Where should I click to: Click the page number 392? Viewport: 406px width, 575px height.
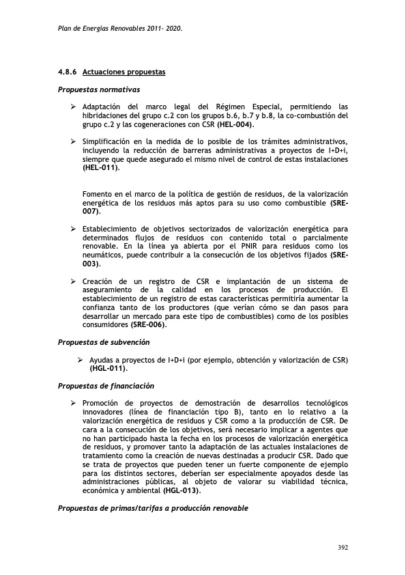(343, 548)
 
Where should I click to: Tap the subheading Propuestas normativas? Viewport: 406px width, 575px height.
(99, 89)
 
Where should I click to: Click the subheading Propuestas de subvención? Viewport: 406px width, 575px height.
(104, 342)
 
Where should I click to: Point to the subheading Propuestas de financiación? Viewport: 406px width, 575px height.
(106, 386)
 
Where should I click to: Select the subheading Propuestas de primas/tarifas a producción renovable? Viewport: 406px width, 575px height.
(153, 509)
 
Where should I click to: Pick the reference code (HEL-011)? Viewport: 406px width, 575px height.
(100, 167)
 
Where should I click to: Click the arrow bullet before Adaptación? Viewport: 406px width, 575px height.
(74, 107)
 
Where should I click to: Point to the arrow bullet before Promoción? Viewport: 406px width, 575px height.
(74, 404)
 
